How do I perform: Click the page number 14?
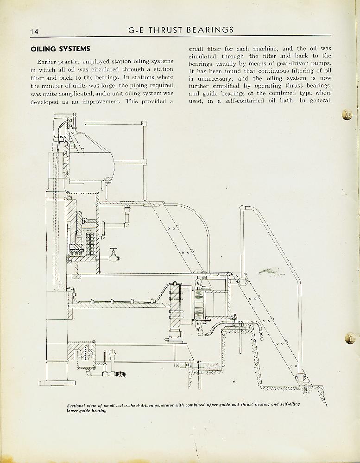(34, 32)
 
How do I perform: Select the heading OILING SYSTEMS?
(61, 49)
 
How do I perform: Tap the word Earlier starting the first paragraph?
(47, 62)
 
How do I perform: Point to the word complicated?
(77, 94)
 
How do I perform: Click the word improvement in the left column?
(101, 101)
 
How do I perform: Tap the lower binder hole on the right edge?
(350, 338)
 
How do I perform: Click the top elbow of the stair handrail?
(243, 208)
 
